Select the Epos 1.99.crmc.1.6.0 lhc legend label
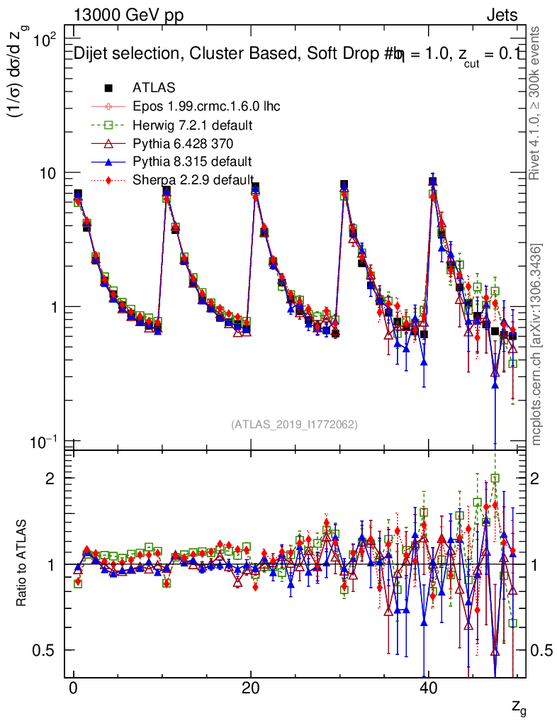[x=206, y=106]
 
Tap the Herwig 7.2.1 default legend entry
[x=193, y=125]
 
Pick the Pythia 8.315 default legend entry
[x=192, y=162]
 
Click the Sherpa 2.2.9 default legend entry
[x=193, y=180]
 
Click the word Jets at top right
[x=502, y=16]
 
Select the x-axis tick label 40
[x=427, y=691]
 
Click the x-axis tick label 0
[x=73, y=691]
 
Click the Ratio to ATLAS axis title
[x=23, y=564]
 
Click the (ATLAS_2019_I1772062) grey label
[x=294, y=425]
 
